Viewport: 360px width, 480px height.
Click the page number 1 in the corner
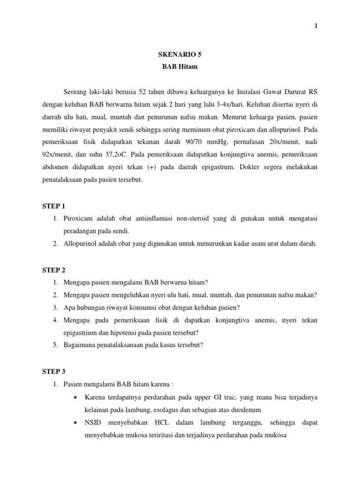click(315, 26)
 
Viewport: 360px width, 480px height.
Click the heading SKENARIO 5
click(180, 54)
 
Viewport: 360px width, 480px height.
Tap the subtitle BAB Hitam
click(180, 67)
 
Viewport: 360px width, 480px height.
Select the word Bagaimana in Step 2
click(81, 345)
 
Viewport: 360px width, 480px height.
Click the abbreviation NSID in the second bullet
click(94, 422)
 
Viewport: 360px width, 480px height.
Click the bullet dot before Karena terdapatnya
click(75, 397)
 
